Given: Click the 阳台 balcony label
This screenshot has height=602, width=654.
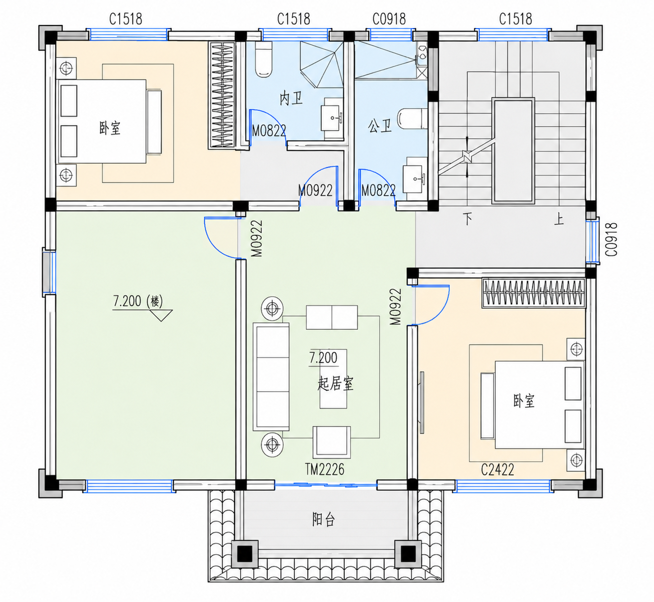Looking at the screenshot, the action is [323, 519].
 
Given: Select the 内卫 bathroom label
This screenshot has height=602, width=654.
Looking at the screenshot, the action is [291, 99].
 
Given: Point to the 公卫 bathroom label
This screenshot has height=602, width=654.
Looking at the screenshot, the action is [380, 126].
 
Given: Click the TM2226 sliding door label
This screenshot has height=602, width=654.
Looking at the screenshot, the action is [325, 469].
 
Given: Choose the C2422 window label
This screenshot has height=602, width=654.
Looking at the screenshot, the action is [497, 470].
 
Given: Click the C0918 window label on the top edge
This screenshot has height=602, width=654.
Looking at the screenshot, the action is [389, 19].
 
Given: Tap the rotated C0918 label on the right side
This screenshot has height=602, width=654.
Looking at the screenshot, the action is [611, 239].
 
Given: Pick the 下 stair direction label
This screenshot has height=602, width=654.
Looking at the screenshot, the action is [467, 219].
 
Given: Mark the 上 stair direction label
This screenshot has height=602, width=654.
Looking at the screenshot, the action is [559, 219].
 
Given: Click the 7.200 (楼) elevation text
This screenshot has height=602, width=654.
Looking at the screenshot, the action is [138, 301].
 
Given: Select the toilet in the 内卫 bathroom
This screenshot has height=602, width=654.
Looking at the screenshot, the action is [263, 60].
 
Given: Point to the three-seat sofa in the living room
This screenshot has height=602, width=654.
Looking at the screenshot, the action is [271, 377].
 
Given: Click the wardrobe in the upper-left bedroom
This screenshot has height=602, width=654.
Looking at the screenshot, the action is [222, 95].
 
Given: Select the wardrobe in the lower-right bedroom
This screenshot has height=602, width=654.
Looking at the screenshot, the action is [534, 293].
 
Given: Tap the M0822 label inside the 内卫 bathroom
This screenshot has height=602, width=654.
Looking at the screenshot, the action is [269, 131].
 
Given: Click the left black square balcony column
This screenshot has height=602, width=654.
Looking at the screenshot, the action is [245, 554].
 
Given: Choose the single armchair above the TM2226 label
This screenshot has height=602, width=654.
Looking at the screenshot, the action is [332, 442].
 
